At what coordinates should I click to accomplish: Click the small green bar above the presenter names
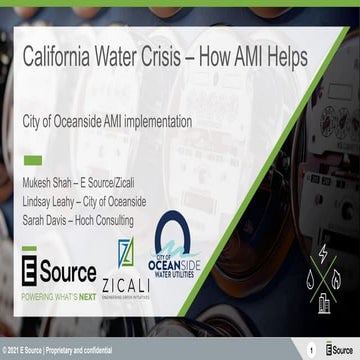[32, 159]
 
